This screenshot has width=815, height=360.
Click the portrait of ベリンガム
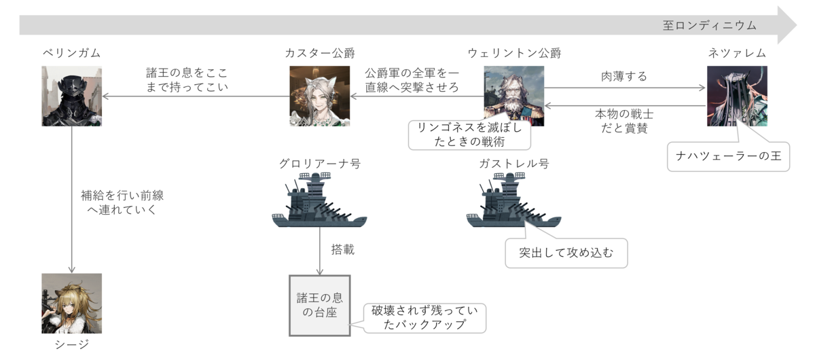pos(71,96)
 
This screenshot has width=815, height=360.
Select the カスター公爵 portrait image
pos(320,96)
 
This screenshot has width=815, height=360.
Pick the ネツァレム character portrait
pos(737,96)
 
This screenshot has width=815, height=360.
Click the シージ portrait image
pos(71,304)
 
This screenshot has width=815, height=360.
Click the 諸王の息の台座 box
pos(319,305)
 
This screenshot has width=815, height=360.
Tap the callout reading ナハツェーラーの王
pos(728,157)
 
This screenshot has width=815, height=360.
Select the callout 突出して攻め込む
pos(566,253)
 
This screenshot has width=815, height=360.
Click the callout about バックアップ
pos(424,317)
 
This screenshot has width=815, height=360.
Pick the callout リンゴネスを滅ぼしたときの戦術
pos(469,134)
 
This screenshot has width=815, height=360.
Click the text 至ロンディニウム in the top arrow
pos(709,26)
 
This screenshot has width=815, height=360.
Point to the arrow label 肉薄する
pos(624,76)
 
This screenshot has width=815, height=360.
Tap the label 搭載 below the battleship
pos(342,250)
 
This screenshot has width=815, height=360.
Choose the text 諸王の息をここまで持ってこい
pos(187,79)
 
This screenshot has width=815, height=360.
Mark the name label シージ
pos(71,345)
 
